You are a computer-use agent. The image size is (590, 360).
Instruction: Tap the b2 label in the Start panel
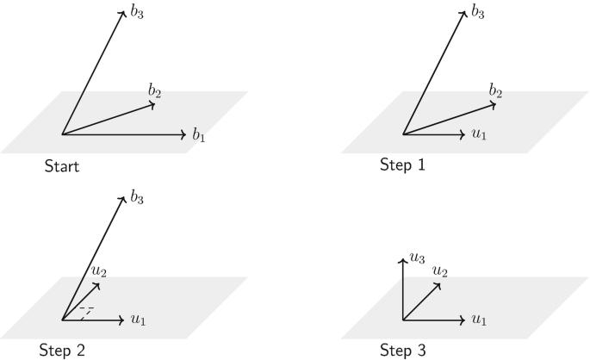[x=155, y=90]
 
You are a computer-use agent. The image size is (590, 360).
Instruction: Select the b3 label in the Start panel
[x=137, y=14]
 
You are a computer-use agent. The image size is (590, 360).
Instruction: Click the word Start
[x=62, y=166]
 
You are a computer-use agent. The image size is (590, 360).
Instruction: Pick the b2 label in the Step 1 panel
[x=495, y=90]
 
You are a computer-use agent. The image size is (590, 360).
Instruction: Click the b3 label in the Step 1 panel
[x=478, y=14]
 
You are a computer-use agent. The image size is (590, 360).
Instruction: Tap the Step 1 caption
[x=402, y=164]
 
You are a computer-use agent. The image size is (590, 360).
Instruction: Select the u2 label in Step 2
[x=100, y=271]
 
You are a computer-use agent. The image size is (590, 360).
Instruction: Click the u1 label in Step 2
[x=138, y=320]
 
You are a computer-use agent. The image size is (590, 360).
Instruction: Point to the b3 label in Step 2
[x=137, y=200]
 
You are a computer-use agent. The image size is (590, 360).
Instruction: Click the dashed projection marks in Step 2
[x=84, y=311]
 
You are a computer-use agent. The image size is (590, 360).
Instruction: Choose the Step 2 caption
[x=62, y=350]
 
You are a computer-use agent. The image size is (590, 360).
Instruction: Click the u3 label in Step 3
[x=417, y=258]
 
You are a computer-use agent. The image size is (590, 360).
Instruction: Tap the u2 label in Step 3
[x=440, y=271]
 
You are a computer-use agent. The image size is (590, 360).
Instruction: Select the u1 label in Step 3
[x=479, y=320]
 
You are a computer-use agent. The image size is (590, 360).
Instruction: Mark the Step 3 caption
[x=402, y=350]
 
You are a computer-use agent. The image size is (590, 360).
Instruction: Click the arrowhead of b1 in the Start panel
[x=183, y=134]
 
